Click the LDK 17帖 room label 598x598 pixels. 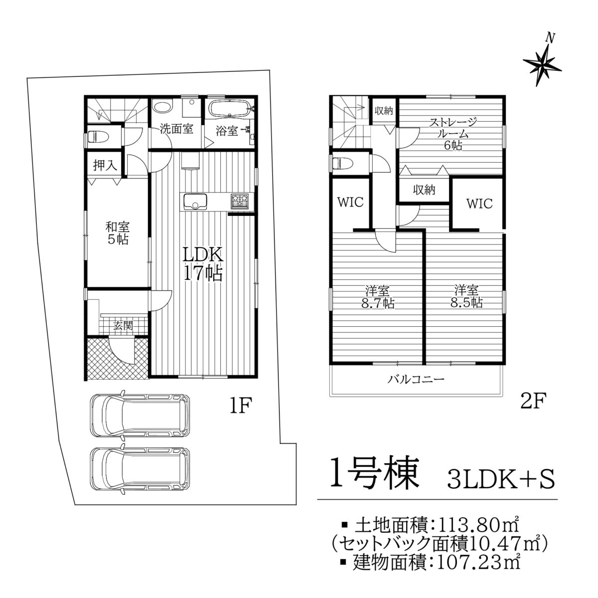pos(203,264)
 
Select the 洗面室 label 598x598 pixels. pos(176,129)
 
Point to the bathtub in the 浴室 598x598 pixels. pos(231,108)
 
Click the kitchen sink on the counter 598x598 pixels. pos(195,201)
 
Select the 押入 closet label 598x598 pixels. pos(105,166)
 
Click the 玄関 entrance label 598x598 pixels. pos(124,326)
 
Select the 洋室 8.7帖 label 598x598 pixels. pos(377,297)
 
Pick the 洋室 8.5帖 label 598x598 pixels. pos(466,297)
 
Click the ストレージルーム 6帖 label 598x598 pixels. pos(452,134)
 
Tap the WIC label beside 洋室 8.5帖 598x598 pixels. pos(479,204)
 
